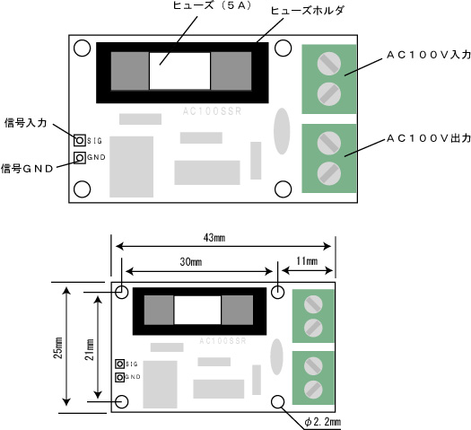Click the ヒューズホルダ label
pos(307,11)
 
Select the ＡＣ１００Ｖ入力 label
pos(429,55)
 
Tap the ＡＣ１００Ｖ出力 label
pos(429,138)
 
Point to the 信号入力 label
pos(26,123)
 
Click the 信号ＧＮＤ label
pos(27,169)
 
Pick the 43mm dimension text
pos(214,238)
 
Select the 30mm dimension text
pos(191,262)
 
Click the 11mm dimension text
pos(307,261)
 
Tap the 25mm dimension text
pos(58,347)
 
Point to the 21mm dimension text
pos(90,349)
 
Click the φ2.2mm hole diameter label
pos(323,422)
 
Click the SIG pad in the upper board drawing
pos(80,140)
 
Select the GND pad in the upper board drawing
pos(80,157)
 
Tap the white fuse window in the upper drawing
pos(179,71)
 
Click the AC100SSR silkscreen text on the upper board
pos(212,111)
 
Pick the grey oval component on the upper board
pos(282,131)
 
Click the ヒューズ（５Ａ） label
pos(212,5)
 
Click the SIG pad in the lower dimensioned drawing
pos(120,364)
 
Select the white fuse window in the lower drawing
pos(197,310)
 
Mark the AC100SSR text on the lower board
pos(222,341)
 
